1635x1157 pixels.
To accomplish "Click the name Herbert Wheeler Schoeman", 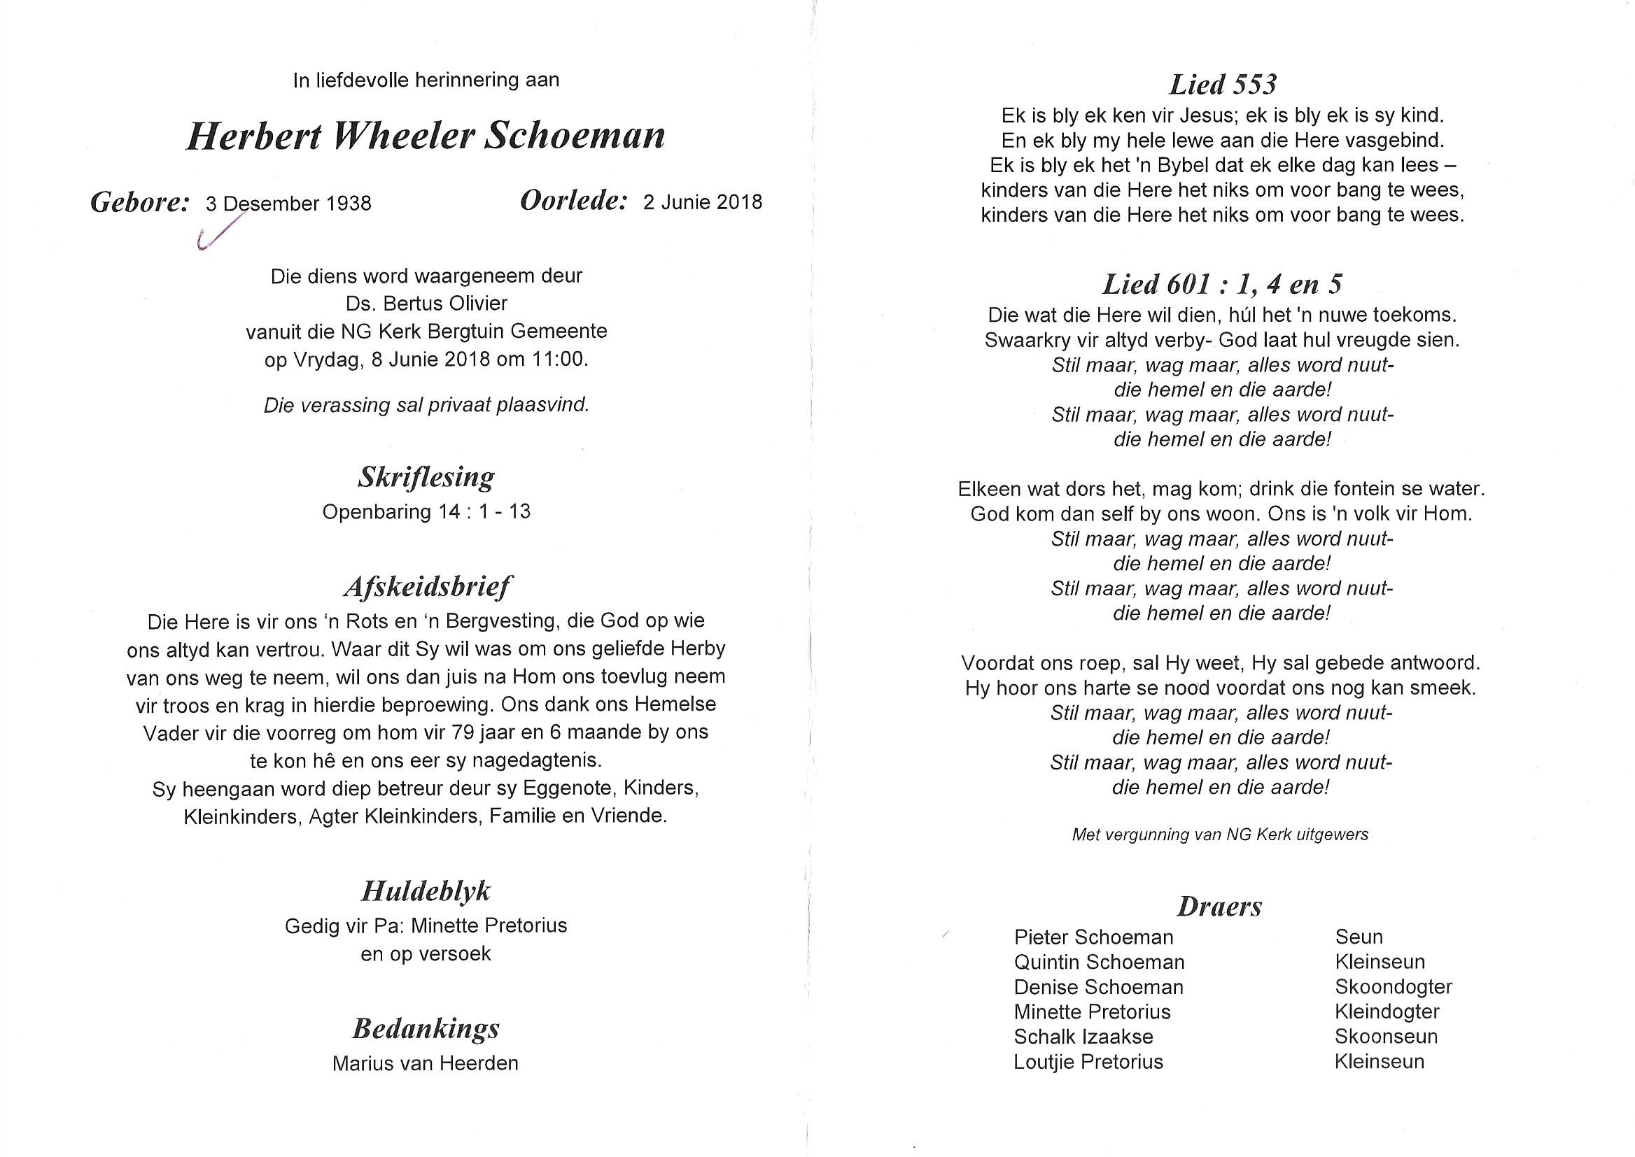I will tap(426, 136).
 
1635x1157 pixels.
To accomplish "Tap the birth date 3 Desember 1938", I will tap(288, 204).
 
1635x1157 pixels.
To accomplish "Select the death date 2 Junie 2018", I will tap(702, 202).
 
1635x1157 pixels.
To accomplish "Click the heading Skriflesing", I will tap(426, 477).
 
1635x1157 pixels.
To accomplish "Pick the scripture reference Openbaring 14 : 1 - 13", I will tap(426, 511).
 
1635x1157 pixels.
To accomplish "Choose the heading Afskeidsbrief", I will tap(427, 587).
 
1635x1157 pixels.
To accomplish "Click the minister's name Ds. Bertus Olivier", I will tap(426, 304).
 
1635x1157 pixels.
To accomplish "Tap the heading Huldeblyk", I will tap(426, 891).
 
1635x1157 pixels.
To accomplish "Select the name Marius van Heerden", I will tap(426, 1064).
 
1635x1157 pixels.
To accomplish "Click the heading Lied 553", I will tap(1222, 85).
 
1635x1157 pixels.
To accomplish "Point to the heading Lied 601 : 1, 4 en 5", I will tap(1221, 284).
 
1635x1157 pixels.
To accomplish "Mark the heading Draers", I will tap(1219, 906).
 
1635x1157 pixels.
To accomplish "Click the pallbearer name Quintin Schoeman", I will tap(1099, 962).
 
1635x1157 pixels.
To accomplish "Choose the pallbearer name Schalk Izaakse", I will tap(1083, 1037).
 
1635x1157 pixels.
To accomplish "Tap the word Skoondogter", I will tap(1394, 987).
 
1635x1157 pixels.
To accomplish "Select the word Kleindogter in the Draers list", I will tap(1387, 1012).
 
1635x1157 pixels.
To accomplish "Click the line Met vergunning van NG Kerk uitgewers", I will tap(1220, 835).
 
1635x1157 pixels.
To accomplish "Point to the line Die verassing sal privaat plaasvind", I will tap(426, 406).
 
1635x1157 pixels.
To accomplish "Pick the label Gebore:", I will tap(140, 203).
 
